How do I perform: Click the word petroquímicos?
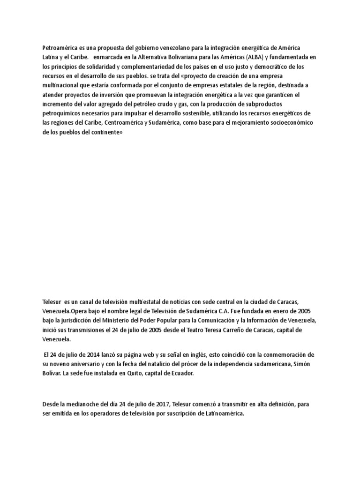64,113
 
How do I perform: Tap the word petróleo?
154,104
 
